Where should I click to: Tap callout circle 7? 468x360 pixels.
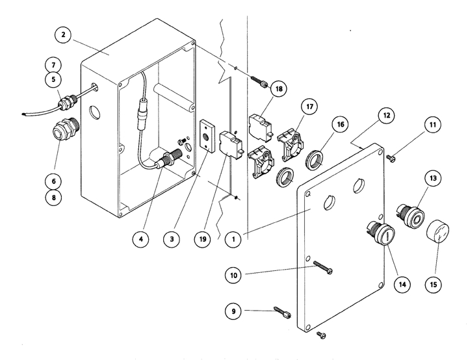pyautogui.click(x=54, y=65)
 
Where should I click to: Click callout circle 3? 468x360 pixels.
pyautogui.click(x=172, y=238)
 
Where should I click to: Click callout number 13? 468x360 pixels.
pyautogui.click(x=432, y=176)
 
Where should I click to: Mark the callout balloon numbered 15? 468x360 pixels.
pyautogui.click(x=432, y=283)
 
